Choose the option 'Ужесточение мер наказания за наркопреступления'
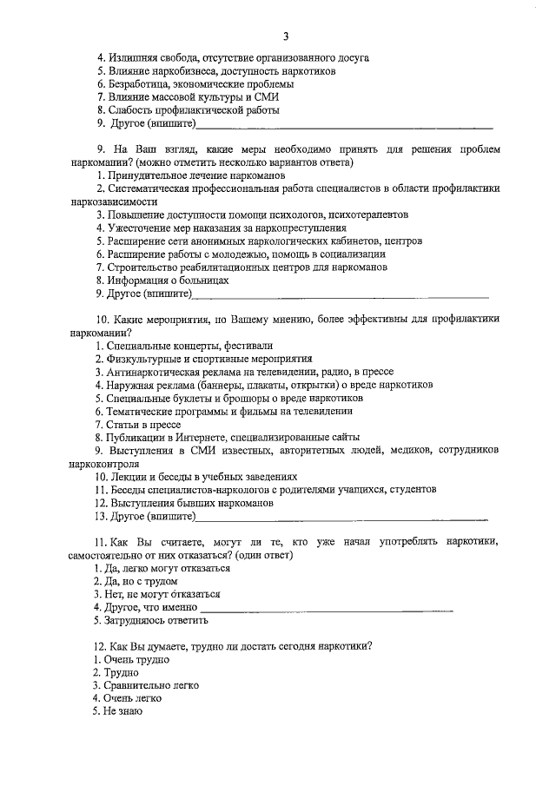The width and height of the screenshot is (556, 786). [x=208, y=228]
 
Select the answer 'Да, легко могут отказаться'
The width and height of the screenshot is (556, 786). [x=162, y=568]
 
